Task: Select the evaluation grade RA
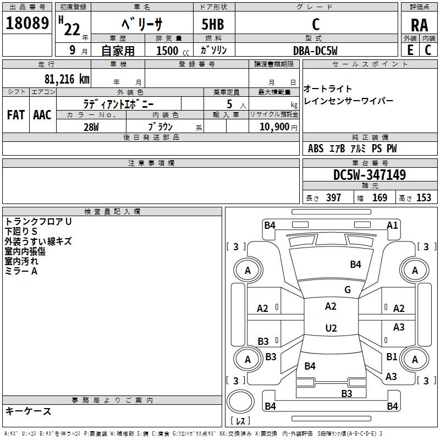419,25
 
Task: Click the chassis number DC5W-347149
370,175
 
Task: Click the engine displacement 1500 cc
168,51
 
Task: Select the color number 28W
91,126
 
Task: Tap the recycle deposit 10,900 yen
274,127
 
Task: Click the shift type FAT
15,115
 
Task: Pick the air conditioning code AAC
42,115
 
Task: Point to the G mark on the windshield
347,290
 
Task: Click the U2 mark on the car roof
331,328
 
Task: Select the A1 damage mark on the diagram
392,225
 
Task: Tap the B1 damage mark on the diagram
392,356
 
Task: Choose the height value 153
424,198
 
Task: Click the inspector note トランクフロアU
38,222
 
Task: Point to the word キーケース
29,411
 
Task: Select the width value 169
380,198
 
